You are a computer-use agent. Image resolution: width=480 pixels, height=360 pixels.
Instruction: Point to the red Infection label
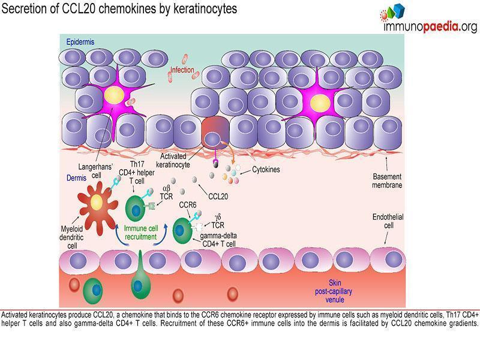tap(182, 70)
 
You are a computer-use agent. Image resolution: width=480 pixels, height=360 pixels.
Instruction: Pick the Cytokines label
tap(266, 170)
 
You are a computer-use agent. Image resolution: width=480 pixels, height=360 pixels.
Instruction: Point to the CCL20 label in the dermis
tap(218, 195)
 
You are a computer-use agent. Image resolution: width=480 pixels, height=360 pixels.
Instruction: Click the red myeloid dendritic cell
tap(95, 202)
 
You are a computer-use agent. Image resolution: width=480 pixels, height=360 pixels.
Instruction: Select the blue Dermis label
tap(76, 178)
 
